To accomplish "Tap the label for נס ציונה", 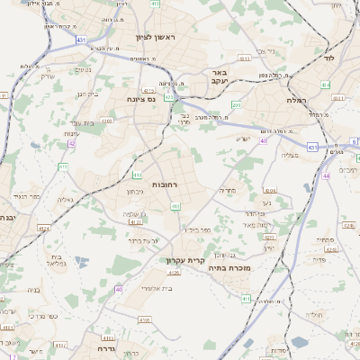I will click(x=140, y=99).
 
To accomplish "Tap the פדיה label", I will click(x=319, y=260).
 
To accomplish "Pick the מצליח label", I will click(x=290, y=156).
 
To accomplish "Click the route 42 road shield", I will click(x=72, y=142).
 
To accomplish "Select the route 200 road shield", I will click(x=236, y=104).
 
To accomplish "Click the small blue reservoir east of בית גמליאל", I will click(x=83, y=262).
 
